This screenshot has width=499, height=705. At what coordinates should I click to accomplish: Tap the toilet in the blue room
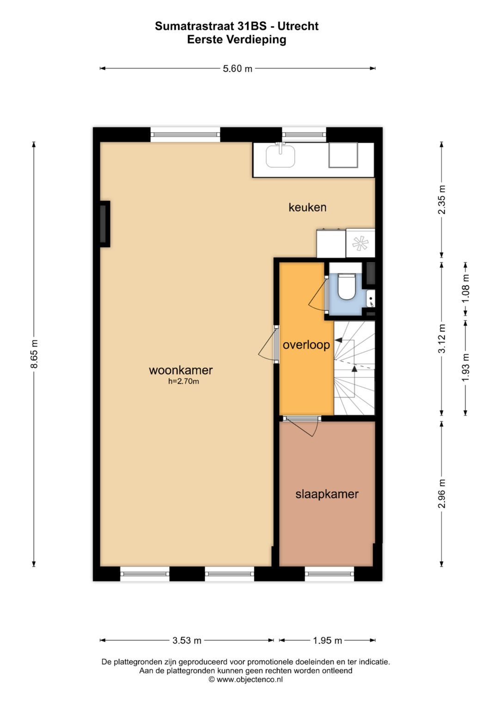pyautogui.click(x=347, y=286)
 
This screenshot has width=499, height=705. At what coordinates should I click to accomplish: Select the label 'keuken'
pyautogui.click(x=307, y=207)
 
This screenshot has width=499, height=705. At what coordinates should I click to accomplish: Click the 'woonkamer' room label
pyautogui.click(x=181, y=370)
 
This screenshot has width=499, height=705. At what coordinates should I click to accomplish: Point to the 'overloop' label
pyautogui.click(x=306, y=345)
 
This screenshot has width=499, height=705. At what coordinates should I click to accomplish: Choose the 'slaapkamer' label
pyautogui.click(x=327, y=494)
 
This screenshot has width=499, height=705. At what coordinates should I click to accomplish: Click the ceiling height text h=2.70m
pyautogui.click(x=183, y=381)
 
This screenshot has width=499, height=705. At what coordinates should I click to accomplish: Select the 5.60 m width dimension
pyautogui.click(x=237, y=69)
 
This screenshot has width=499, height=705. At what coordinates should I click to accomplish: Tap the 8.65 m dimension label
pyautogui.click(x=34, y=354)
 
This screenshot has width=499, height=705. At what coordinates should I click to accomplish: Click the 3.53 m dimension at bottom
pyautogui.click(x=187, y=640)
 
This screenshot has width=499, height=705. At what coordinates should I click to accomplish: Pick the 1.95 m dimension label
pyautogui.click(x=327, y=640)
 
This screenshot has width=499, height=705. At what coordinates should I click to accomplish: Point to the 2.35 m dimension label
pyautogui.click(x=442, y=200)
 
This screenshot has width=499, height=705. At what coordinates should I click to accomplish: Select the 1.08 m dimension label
pyautogui.click(x=466, y=289)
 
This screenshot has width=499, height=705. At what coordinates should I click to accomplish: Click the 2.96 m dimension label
pyautogui.click(x=442, y=494)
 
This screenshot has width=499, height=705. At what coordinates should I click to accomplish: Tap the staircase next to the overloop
pyautogui.click(x=354, y=368)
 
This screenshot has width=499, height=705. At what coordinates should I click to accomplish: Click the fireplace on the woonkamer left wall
pyautogui.click(x=104, y=224)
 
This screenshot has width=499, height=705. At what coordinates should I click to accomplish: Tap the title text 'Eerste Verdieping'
pyautogui.click(x=237, y=40)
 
